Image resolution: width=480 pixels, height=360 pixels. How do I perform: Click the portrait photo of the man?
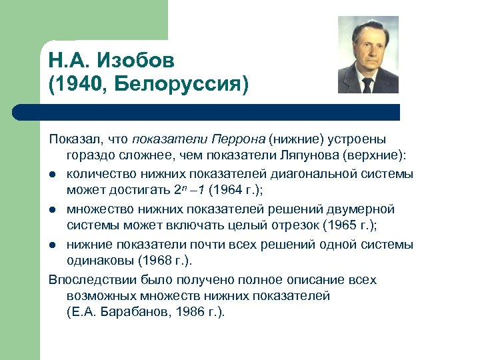point(368,55)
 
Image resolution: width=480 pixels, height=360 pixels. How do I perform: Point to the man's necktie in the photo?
point(367,85)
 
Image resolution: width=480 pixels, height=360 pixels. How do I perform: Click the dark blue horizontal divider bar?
point(207,112)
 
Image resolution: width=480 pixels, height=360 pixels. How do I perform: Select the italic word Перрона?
point(239,139)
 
